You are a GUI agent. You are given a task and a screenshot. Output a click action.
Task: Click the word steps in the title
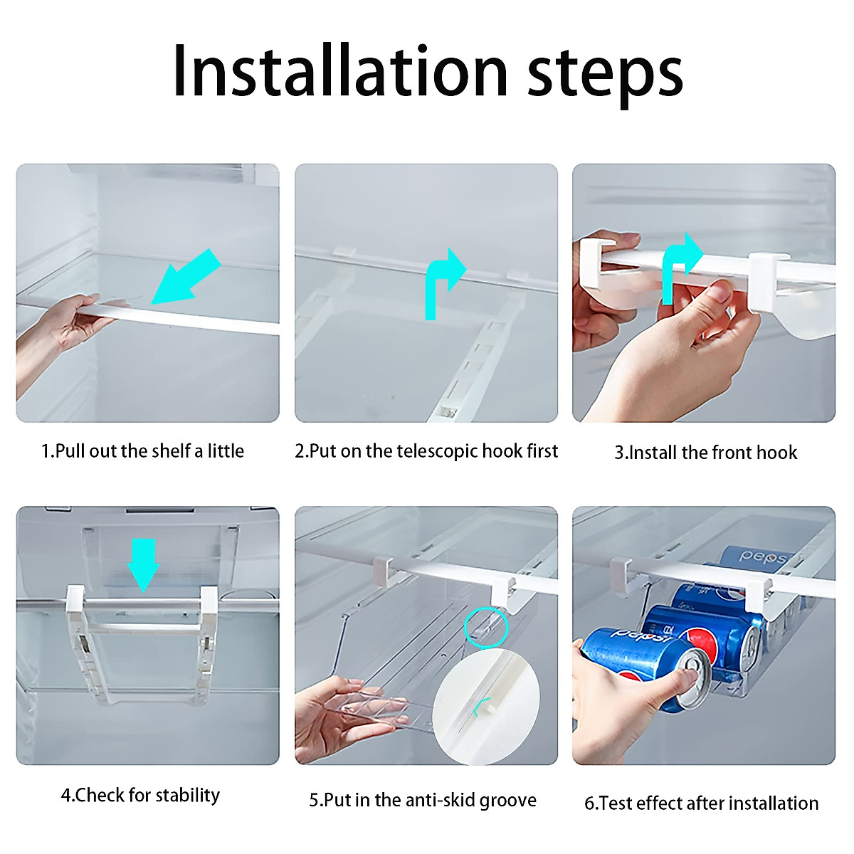click(606, 76)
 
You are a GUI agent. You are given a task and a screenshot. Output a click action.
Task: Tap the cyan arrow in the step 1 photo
click(186, 277)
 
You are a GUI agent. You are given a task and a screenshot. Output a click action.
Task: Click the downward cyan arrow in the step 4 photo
click(143, 566)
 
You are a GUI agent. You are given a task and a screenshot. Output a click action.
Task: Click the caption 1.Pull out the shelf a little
click(143, 451)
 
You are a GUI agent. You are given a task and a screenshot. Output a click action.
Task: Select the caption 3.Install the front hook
click(705, 453)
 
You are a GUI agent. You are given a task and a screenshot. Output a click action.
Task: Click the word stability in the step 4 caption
click(188, 796)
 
